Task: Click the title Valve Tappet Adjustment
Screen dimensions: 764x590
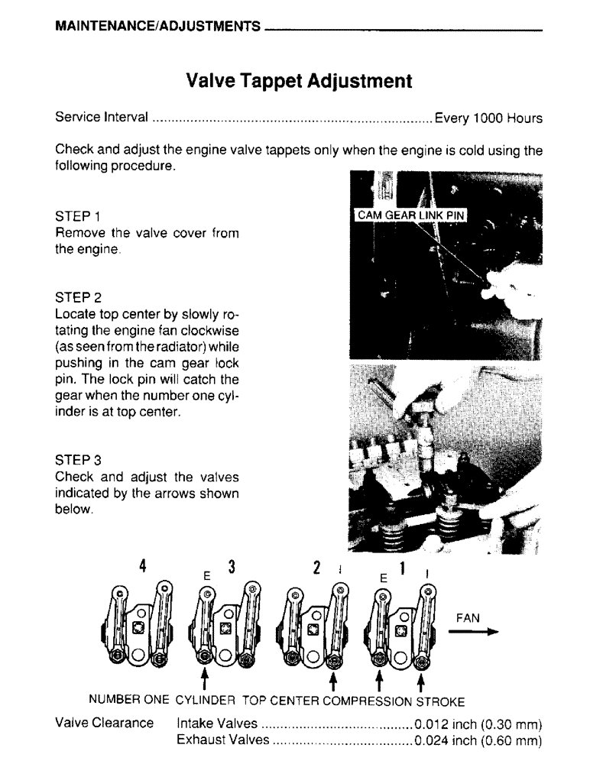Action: point(300,81)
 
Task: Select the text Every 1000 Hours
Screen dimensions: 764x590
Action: point(488,118)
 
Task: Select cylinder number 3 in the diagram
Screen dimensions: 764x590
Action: point(232,566)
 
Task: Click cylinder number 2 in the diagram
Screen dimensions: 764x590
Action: point(317,566)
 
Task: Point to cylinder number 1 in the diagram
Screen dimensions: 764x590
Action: point(403,566)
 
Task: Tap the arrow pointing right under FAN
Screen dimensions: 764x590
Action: point(480,632)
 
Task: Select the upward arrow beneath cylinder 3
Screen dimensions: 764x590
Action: point(204,680)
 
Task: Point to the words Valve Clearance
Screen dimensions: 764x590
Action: point(105,724)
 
